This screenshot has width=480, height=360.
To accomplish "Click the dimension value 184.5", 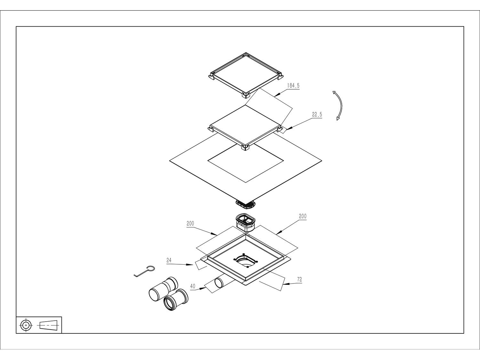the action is coord(293,85).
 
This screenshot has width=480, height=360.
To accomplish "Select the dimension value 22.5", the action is coord(317,115).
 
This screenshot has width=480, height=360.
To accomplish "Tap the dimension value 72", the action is coord(300,279).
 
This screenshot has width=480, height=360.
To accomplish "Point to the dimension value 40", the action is coord(193,286).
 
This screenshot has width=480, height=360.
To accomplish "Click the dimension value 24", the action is coord(169,260).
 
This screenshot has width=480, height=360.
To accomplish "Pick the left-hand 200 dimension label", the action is coord(190,224).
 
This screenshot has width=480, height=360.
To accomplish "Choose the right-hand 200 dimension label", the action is coord(303,216).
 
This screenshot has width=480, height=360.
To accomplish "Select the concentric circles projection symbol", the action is coord(26,325).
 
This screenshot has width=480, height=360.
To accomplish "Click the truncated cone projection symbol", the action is coord(48,325).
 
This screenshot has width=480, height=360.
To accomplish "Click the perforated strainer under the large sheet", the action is coord(246,204).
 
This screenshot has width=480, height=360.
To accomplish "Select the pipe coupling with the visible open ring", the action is coord(176,300).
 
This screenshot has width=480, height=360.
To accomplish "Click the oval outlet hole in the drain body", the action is coord(245,261).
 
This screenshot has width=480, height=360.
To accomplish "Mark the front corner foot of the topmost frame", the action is coord(246,95).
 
